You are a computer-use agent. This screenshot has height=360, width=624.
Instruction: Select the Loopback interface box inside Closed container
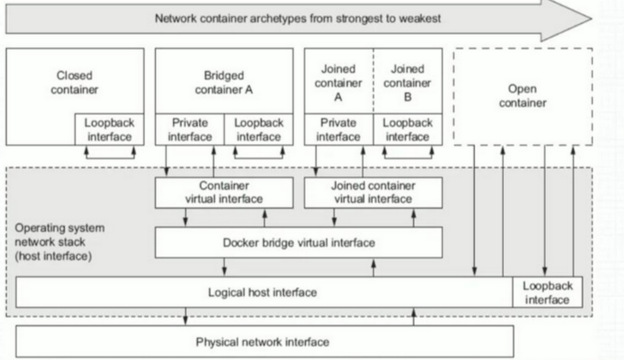[x=109, y=129]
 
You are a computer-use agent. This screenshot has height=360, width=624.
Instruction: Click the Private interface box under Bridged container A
[x=189, y=129]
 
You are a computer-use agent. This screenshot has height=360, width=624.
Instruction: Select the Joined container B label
[x=407, y=81]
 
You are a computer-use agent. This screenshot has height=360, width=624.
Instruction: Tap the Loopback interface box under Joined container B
[x=407, y=129]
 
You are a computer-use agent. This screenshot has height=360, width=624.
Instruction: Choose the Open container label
[x=523, y=96]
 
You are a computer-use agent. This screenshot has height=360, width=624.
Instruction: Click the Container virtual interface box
[x=224, y=192]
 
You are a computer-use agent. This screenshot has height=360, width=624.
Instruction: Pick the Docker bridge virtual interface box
[x=298, y=243]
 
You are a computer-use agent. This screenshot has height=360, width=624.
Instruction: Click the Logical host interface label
[x=264, y=292]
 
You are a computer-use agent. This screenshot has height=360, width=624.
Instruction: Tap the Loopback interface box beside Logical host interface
[x=547, y=292]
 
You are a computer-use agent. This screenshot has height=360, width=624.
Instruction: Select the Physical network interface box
[x=264, y=342]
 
